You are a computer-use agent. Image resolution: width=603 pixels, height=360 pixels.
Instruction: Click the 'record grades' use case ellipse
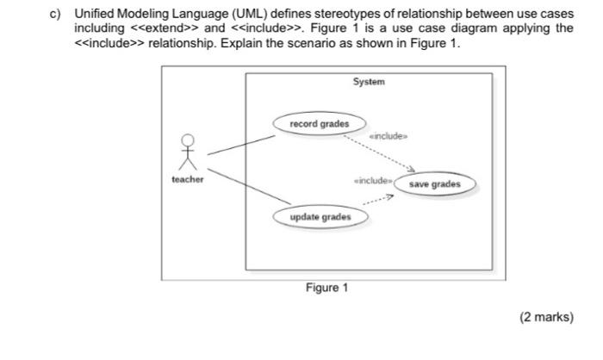coord(319,124)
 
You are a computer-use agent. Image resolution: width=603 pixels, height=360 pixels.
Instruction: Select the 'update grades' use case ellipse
coord(320,216)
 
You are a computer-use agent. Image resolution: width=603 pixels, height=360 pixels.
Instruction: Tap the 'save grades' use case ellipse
coord(434,183)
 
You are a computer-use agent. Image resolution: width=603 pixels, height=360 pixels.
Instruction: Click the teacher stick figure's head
coord(188,141)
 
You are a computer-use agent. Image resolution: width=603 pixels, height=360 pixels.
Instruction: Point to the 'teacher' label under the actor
coord(188,179)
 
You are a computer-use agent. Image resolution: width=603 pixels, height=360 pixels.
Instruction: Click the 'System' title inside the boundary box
coord(369,82)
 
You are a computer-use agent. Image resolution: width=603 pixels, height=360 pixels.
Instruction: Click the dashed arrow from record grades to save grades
coord(379,152)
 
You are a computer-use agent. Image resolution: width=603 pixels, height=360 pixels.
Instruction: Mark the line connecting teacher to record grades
coord(240,144)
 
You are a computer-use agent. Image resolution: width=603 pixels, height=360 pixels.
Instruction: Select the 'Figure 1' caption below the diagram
coord(326,288)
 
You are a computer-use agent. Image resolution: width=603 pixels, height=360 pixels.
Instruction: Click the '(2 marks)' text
coord(545,317)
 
